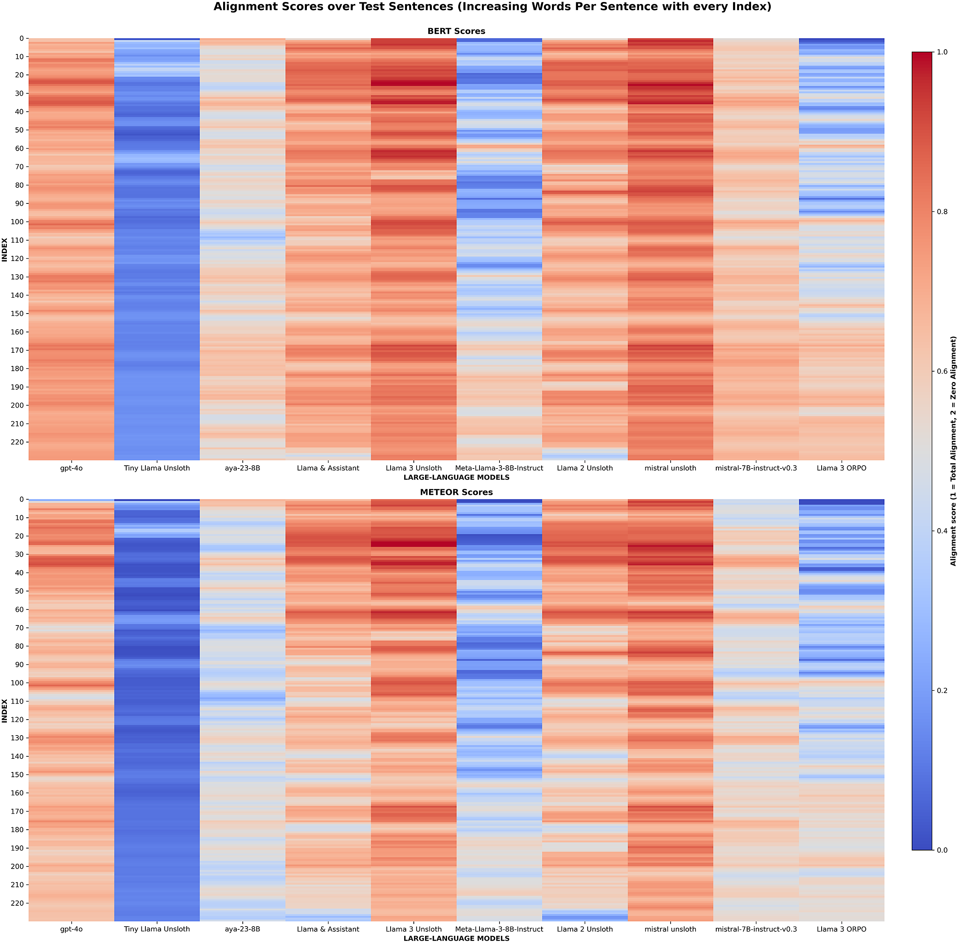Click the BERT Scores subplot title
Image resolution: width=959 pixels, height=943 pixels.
[456, 31]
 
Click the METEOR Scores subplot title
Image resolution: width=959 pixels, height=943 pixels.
[456, 492]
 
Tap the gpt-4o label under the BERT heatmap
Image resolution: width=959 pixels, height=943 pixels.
[71, 468]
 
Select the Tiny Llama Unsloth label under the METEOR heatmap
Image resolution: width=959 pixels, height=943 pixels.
[157, 929]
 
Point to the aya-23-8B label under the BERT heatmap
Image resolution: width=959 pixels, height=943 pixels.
[242, 468]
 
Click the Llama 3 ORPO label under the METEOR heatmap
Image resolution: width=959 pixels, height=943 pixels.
[841, 929]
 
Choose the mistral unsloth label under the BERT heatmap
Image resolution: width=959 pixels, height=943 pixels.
[670, 468]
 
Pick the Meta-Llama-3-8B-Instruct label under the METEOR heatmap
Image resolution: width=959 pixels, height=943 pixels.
[499, 929]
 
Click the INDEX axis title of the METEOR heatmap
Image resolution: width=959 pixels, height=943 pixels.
[5, 711]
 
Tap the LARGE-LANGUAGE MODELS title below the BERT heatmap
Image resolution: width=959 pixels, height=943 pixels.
[456, 477]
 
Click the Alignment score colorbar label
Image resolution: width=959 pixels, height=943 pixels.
[953, 451]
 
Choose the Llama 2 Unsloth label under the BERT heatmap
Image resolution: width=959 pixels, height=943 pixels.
[584, 468]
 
